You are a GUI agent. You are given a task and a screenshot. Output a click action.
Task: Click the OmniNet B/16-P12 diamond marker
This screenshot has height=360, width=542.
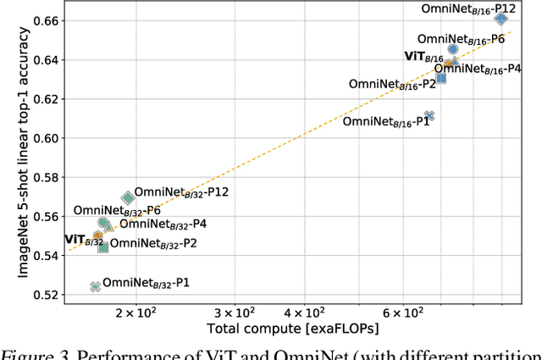tap(501, 19)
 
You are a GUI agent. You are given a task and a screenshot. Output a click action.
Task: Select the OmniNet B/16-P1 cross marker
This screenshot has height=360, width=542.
tap(429, 115)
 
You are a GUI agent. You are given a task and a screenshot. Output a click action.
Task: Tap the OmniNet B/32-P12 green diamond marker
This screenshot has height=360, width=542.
tap(128, 197)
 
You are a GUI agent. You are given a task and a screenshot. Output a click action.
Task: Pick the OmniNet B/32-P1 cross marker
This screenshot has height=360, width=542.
tap(96, 287)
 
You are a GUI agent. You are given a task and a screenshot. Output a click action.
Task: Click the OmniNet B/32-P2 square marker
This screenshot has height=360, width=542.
tap(103, 246)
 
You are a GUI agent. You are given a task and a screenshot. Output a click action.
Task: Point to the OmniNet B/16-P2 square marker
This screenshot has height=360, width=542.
tap(441, 77)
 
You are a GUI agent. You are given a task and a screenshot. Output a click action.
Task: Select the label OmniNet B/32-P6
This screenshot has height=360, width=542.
tap(117, 210)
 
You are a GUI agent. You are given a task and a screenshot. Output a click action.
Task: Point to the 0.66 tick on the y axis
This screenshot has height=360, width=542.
tap(46, 19)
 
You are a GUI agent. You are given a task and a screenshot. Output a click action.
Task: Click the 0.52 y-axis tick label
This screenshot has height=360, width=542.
tap(46, 295)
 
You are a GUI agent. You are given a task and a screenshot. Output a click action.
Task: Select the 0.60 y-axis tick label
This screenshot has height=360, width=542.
tap(46, 137)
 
